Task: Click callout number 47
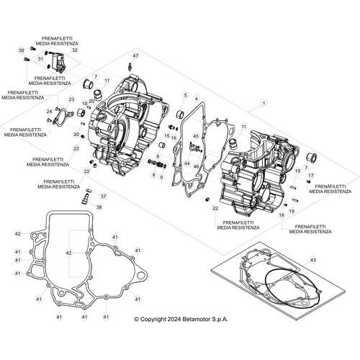[135, 55]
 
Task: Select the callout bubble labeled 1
[264, 104]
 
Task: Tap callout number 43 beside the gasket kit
[312, 259]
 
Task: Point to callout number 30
[22, 50]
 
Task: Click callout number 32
[75, 50]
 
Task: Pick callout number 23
[71, 99]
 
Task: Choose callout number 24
[49, 111]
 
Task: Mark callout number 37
[102, 196]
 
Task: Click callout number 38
[99, 207]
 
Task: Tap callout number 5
[184, 95]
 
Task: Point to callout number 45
[195, 135]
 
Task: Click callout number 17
[311, 175]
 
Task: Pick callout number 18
[282, 214]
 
